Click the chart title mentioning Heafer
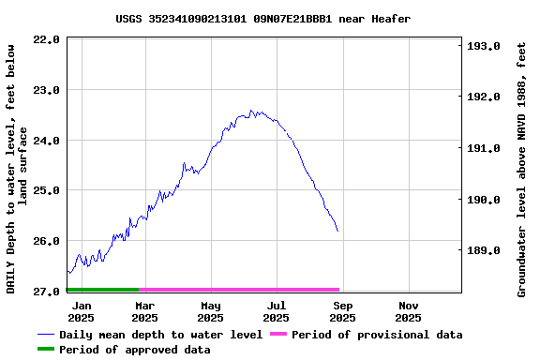(x=263, y=19)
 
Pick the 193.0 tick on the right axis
(x=484, y=46)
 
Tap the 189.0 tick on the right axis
(x=484, y=250)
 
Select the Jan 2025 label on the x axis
(x=82, y=311)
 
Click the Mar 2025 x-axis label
(x=144, y=311)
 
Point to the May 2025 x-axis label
(x=211, y=311)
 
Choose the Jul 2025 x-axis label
(x=277, y=311)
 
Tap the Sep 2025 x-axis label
(x=343, y=311)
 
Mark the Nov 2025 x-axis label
(x=409, y=311)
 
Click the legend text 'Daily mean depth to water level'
(x=160, y=335)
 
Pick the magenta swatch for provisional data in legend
(x=277, y=335)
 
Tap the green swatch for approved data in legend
(x=46, y=350)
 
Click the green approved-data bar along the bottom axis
(x=102, y=290)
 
